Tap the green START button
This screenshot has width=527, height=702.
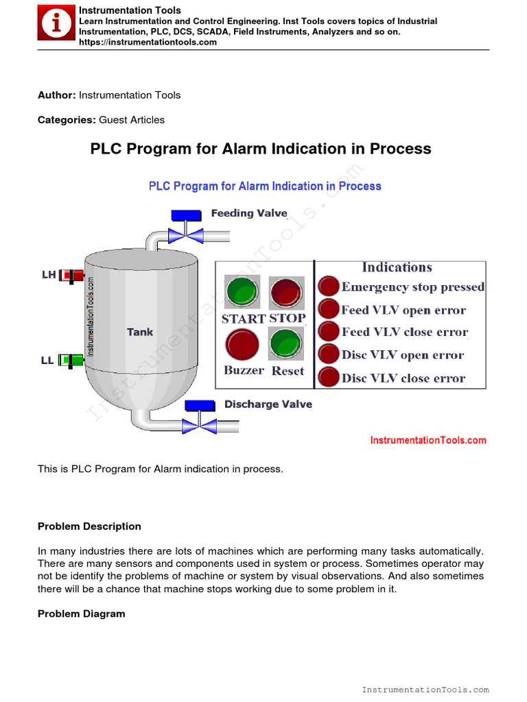click(x=242, y=293)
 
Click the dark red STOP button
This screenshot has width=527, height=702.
click(x=286, y=293)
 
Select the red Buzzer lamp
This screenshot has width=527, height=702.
click(x=242, y=345)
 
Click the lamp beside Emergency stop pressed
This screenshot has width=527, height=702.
click(x=330, y=287)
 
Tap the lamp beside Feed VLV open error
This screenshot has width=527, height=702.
click(x=330, y=309)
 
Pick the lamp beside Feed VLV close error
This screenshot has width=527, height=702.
click(x=330, y=332)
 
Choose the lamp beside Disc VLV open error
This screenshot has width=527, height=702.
click(x=330, y=354)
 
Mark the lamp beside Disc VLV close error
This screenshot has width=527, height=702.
click(x=330, y=377)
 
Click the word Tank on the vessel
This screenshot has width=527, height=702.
click(x=140, y=332)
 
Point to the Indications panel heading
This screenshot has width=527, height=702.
click(x=397, y=267)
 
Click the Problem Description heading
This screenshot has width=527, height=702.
click(x=89, y=526)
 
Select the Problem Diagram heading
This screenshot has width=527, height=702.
click(x=81, y=614)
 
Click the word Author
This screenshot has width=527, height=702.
click(x=56, y=95)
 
